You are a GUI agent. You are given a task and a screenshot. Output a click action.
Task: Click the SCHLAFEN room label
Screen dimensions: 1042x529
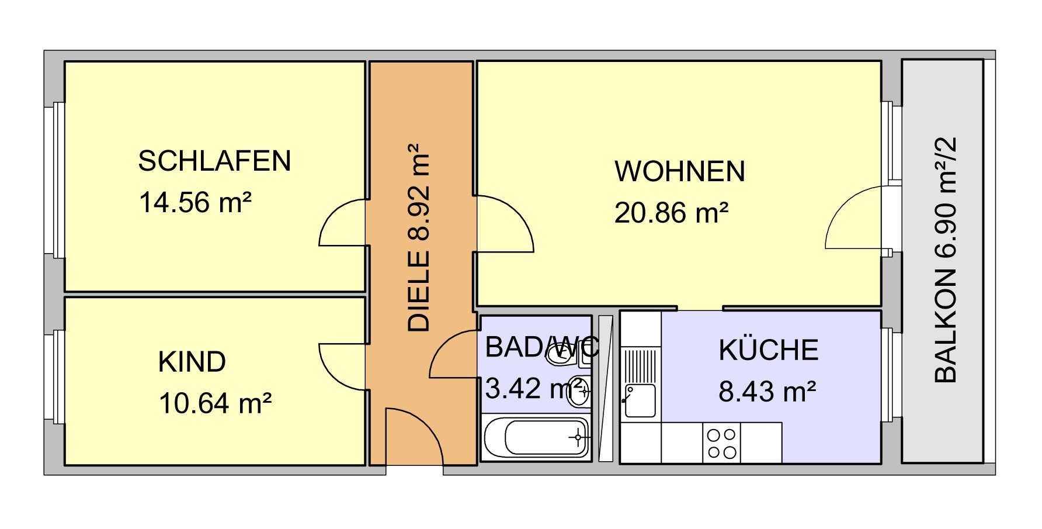(214, 161)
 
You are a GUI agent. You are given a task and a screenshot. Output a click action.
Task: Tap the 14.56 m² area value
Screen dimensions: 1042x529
(195, 203)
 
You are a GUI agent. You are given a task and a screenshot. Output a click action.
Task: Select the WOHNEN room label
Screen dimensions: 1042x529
(680, 171)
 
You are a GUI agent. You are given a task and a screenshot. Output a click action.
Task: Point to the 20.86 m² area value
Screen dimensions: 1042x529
(671, 212)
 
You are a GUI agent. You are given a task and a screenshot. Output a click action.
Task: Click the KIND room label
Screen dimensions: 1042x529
(192, 362)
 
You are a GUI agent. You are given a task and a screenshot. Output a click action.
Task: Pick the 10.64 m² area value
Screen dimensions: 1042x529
(215, 403)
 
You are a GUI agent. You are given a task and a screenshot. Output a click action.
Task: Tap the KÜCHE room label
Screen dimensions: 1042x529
(768, 349)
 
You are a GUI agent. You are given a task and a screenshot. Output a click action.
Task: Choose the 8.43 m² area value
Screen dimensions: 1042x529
(767, 391)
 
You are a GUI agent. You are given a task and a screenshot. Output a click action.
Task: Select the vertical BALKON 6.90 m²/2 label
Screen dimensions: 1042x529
(945, 260)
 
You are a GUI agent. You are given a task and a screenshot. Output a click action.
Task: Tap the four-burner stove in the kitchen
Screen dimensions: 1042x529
(721, 443)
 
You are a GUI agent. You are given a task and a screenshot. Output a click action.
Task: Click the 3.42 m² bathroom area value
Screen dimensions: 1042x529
(534, 388)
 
